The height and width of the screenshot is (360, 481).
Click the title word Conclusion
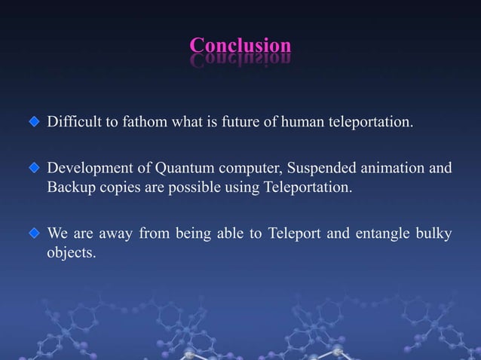tap(240, 45)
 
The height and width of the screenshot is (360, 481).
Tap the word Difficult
tap(73, 122)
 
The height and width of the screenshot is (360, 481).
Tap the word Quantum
tap(183, 167)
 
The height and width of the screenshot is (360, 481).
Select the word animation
tap(397, 167)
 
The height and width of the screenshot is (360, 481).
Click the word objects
tap(71, 252)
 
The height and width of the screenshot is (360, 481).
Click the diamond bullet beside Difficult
tap(33, 122)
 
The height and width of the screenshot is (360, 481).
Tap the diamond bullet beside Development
tap(33, 167)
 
